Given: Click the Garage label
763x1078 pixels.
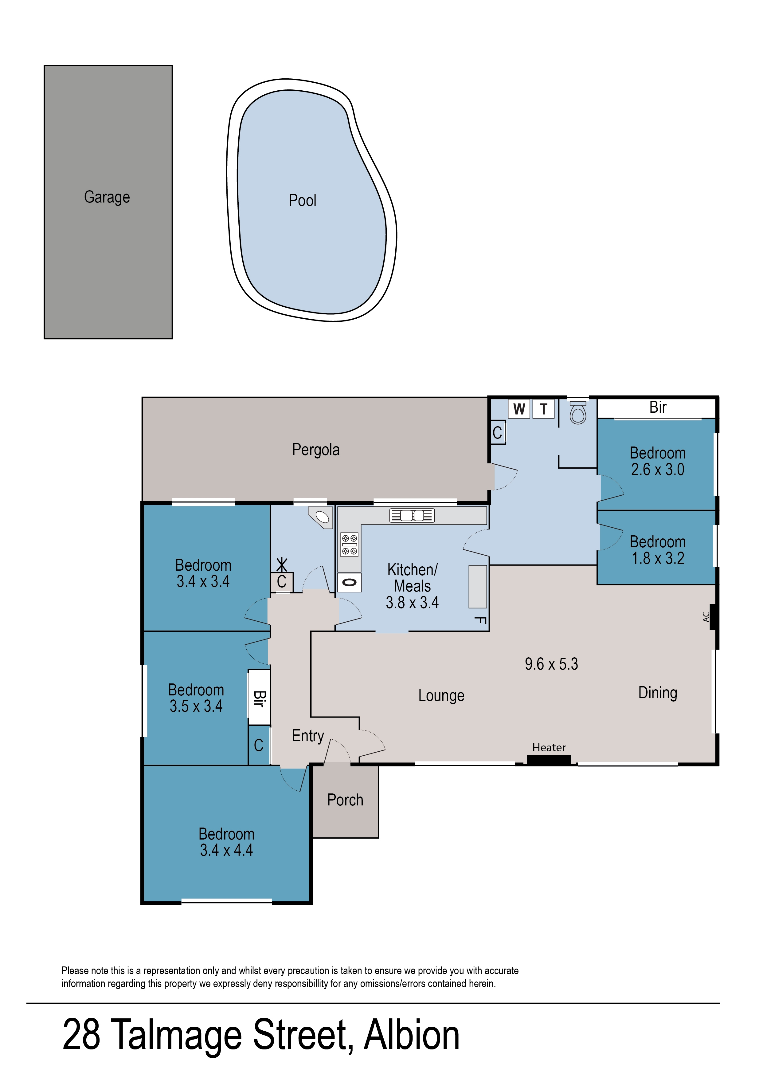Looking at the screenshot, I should [x=107, y=197].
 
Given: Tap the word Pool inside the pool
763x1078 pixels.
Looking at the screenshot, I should [x=302, y=201].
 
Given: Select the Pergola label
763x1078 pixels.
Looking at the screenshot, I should [x=316, y=450].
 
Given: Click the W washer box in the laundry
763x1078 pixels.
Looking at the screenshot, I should [x=519, y=409].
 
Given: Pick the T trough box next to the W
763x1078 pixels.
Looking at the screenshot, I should [x=544, y=409].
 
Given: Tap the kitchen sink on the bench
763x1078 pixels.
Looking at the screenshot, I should [x=412, y=516].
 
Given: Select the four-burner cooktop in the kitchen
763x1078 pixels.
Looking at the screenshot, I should [x=349, y=545].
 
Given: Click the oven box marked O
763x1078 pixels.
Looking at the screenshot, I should [x=349, y=583].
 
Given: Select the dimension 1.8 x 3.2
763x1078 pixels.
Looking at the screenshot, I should [x=657, y=558].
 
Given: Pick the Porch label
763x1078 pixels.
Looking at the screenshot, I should [x=345, y=800].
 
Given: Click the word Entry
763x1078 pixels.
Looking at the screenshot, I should [x=308, y=735].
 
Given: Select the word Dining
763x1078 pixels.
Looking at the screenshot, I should [x=657, y=693].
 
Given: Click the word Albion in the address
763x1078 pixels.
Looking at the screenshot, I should [x=412, y=1035].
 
